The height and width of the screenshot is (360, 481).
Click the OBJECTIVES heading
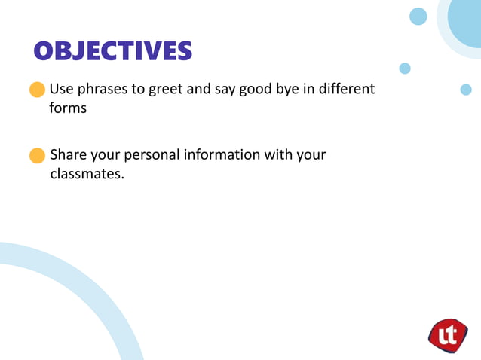[113, 50]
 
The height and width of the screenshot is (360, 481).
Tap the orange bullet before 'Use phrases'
[37, 90]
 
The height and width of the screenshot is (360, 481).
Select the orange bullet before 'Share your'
[37, 156]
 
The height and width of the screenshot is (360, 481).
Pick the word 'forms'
[68, 108]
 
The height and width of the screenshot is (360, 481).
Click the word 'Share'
[68, 155]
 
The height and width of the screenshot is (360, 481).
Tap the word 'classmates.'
[86, 174]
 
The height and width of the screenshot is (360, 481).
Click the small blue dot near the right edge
[466, 90]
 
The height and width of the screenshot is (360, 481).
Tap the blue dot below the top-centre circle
[405, 69]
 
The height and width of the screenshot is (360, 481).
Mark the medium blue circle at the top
[418, 17]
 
